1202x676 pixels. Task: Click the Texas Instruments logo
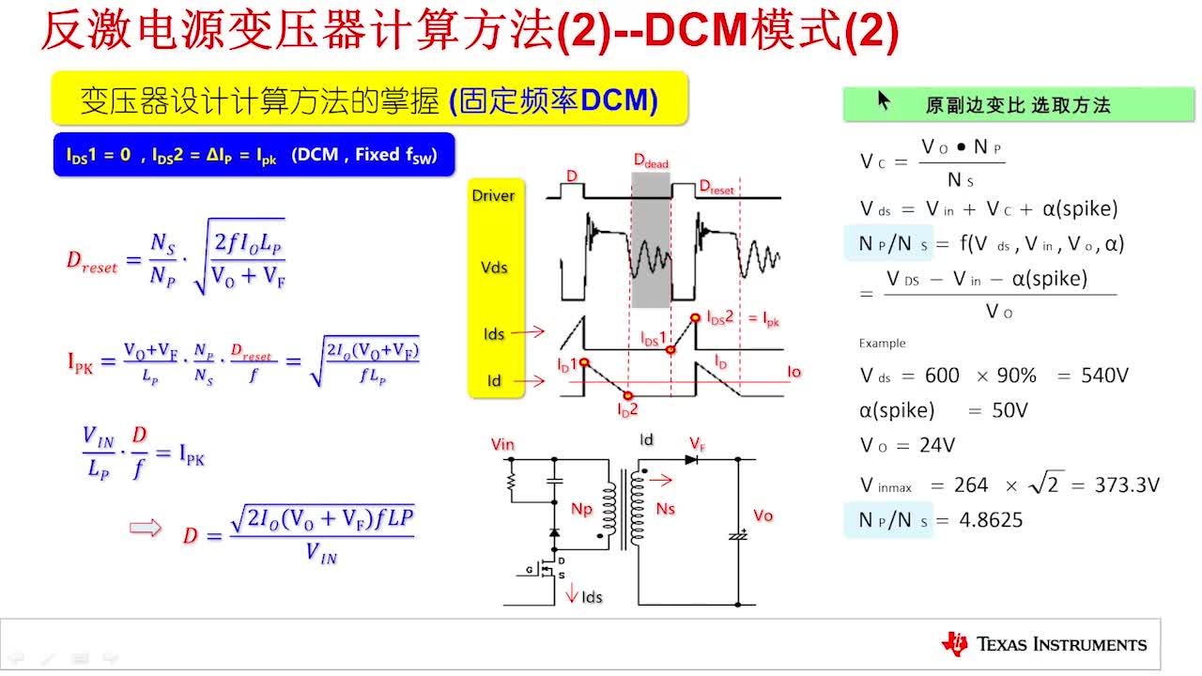click(1043, 644)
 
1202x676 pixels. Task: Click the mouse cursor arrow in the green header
click(884, 100)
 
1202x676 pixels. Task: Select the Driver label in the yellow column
click(493, 195)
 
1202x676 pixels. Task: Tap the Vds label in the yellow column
click(493, 268)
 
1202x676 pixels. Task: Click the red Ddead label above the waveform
click(651, 162)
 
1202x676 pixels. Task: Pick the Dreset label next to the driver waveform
click(717, 188)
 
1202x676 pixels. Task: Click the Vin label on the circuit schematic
click(503, 444)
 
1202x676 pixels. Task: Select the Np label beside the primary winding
click(582, 508)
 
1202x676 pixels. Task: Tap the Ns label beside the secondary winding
click(666, 508)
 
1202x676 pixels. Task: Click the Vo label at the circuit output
click(763, 515)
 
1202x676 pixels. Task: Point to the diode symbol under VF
click(692, 460)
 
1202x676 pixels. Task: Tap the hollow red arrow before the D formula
click(145, 528)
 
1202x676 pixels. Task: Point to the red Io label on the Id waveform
click(794, 373)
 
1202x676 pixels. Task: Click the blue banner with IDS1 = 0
click(254, 155)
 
